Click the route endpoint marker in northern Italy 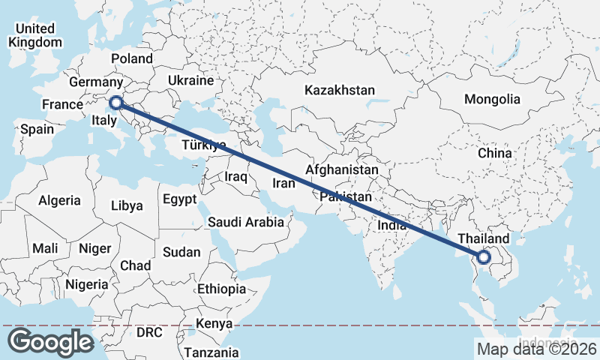(116, 103)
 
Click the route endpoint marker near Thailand (484, 257)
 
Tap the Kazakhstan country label (339, 90)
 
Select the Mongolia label (492, 99)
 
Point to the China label (494, 153)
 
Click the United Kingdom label (35, 35)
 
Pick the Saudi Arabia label (246, 222)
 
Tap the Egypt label (179, 199)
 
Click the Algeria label (59, 200)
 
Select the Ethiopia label (221, 289)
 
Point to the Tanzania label (211, 352)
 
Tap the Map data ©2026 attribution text (536, 349)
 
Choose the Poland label (131, 58)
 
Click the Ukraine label (190, 80)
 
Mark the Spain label (37, 129)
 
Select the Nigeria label (87, 284)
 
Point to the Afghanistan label (342, 170)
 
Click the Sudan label (181, 252)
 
